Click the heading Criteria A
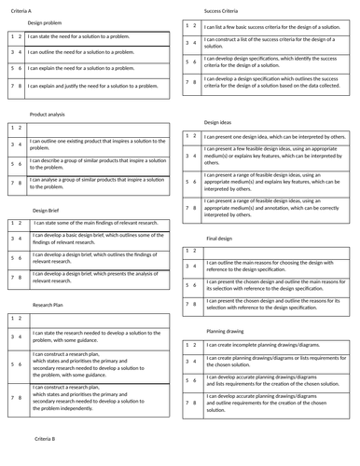coord(18,9)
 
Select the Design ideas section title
coord(218,122)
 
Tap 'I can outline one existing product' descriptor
coord(97,144)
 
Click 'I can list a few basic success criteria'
coord(270,26)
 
